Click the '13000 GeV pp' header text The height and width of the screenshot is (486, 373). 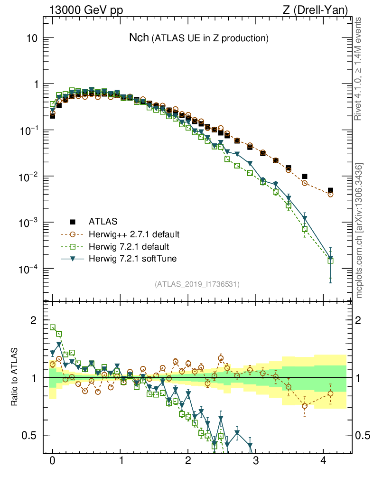point(85,9)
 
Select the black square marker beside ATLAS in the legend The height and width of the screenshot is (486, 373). point(73,221)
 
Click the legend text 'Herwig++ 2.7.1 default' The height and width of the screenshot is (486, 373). point(134,234)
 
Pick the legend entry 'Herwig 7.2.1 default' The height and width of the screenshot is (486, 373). point(129,246)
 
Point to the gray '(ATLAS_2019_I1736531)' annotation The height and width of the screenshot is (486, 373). point(197,284)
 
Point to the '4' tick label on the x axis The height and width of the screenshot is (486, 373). point(323,460)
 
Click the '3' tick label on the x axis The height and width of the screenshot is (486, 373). point(255,460)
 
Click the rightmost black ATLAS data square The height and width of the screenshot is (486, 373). point(330,191)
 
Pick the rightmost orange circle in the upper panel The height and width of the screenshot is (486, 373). point(330,194)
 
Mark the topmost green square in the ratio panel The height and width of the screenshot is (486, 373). point(53,327)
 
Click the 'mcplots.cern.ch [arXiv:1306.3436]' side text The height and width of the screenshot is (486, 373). point(360,230)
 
